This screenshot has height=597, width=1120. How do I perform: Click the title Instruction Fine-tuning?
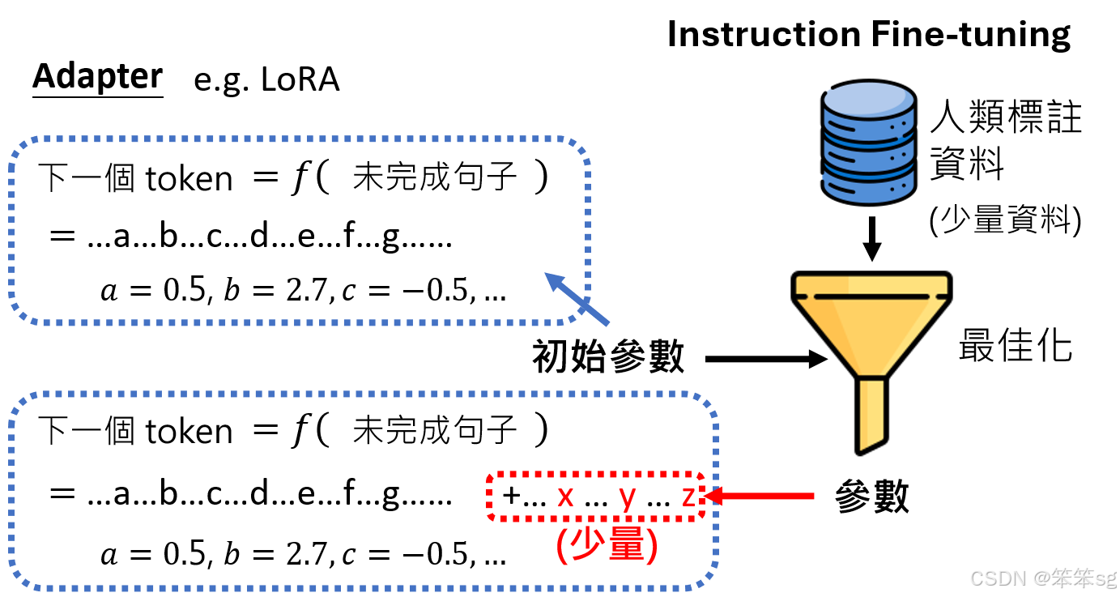869,34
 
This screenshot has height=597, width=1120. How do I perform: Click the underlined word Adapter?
97,77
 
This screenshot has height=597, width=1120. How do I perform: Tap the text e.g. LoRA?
266,80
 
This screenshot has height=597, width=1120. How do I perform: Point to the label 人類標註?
1005,118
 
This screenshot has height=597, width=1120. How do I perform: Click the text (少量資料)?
1005,220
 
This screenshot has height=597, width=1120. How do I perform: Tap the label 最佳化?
1016,347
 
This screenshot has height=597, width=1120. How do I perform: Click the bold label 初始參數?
608,356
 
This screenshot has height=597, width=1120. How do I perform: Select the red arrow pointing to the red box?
760,495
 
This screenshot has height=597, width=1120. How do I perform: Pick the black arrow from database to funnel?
871,238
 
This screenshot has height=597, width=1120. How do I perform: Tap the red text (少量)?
605,546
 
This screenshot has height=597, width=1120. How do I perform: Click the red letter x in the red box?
565,495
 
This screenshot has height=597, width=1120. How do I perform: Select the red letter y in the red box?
626,497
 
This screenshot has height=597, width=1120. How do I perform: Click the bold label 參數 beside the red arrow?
871,496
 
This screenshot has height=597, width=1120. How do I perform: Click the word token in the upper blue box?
188,179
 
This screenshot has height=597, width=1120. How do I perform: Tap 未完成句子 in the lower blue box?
435,430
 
